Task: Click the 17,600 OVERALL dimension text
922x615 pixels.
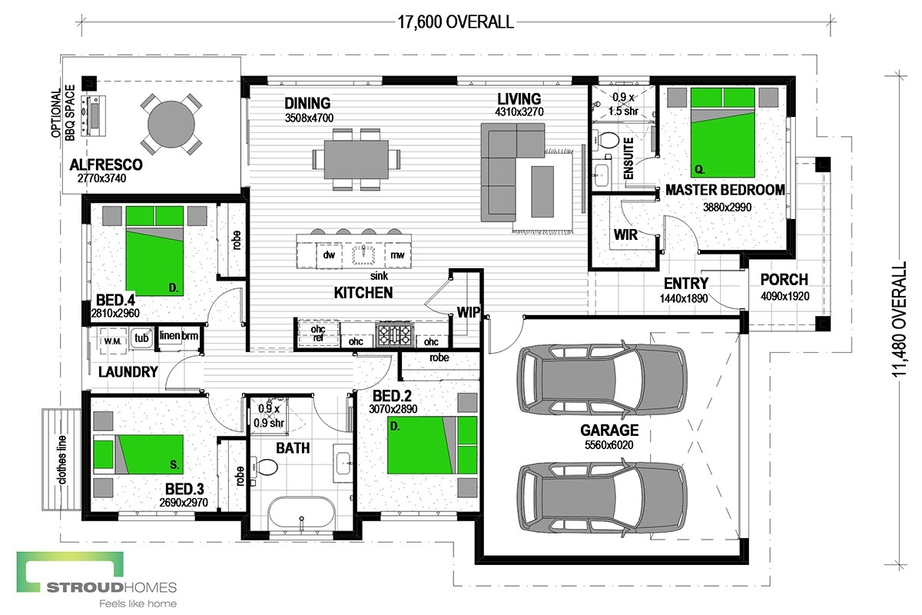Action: (x=456, y=22)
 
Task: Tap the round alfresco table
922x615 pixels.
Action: (x=171, y=125)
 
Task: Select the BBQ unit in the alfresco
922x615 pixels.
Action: (x=94, y=116)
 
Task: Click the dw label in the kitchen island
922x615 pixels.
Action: (x=329, y=255)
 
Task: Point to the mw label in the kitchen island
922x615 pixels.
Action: (x=397, y=255)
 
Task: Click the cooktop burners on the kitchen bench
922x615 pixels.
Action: (x=394, y=334)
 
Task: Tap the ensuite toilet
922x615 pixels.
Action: (x=606, y=141)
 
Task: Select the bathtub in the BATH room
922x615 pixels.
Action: (x=302, y=514)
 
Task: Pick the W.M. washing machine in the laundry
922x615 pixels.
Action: (x=112, y=341)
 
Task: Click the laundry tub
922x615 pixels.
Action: (x=141, y=337)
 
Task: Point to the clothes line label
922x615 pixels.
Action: (x=62, y=460)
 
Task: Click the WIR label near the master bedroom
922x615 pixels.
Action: (x=625, y=234)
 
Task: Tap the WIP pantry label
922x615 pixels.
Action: (x=469, y=313)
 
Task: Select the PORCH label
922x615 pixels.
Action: (x=784, y=280)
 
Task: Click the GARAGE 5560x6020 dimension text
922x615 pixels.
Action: (x=609, y=445)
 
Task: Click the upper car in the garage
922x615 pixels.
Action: (x=602, y=377)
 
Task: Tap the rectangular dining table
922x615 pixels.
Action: (x=357, y=159)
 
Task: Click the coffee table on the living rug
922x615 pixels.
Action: (x=542, y=191)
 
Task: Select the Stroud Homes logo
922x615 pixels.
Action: (x=97, y=580)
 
